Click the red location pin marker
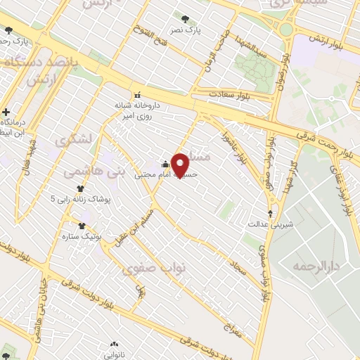click(x=181, y=164)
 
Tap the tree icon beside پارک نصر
click(x=185, y=19)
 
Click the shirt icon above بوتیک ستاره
click(x=82, y=226)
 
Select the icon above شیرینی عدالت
click(x=271, y=213)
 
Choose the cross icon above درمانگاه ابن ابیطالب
click(x=6, y=112)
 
